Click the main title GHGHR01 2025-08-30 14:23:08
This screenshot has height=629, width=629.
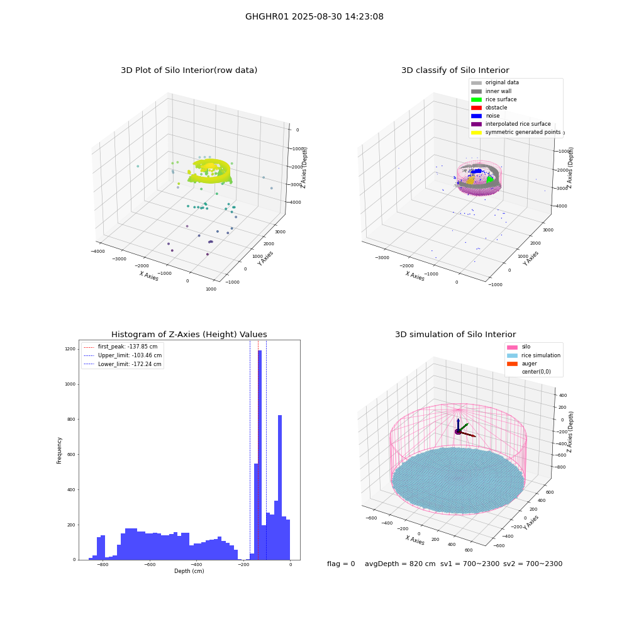(x=314, y=16)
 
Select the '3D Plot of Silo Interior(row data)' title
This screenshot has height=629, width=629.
(x=189, y=70)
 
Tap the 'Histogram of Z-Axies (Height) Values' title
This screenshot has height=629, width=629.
(x=189, y=334)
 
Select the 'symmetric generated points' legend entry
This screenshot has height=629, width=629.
(x=516, y=132)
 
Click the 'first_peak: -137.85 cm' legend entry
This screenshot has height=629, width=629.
(x=121, y=347)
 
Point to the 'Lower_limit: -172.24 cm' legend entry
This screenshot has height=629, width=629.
(x=123, y=364)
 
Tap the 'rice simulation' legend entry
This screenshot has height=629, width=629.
(x=533, y=355)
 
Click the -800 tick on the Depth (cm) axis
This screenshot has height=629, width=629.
(x=103, y=565)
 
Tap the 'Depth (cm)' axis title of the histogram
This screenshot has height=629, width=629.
(x=189, y=571)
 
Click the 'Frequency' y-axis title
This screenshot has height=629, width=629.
(x=59, y=450)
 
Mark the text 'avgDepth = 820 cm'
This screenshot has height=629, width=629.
(x=400, y=564)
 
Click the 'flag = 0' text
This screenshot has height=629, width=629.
(x=341, y=564)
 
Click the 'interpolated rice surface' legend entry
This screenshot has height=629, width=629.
(x=511, y=124)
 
